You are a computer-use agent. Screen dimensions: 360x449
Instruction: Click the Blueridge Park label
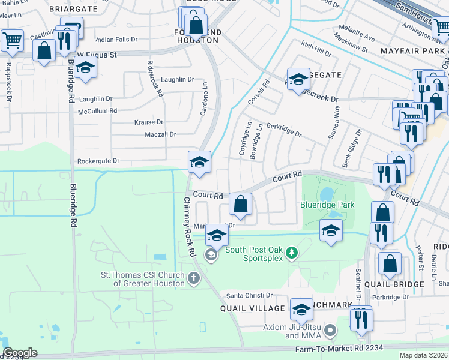tap(327, 205)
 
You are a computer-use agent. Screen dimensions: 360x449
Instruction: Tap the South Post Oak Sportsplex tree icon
tap(292, 253)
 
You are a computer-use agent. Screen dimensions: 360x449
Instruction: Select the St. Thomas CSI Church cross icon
tap(193, 278)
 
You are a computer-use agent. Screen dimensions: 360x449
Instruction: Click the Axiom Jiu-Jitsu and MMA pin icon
tap(330, 331)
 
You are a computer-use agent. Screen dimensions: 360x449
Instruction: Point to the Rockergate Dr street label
tap(98, 161)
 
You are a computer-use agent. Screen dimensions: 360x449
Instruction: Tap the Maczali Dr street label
tap(160, 134)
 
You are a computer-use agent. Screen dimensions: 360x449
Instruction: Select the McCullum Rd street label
tap(97, 111)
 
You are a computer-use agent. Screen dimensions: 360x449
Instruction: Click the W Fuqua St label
tap(97, 54)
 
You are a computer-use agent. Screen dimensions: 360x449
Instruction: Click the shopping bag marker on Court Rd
tap(240, 205)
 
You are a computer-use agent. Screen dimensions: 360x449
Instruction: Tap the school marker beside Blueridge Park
tap(331, 230)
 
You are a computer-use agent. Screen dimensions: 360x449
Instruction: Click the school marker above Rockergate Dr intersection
tap(199, 161)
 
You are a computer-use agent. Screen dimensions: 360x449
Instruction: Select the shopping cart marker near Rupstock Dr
tap(11, 40)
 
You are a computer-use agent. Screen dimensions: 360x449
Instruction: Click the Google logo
tap(20, 353)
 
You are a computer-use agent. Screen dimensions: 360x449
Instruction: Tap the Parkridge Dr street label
tap(389, 296)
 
